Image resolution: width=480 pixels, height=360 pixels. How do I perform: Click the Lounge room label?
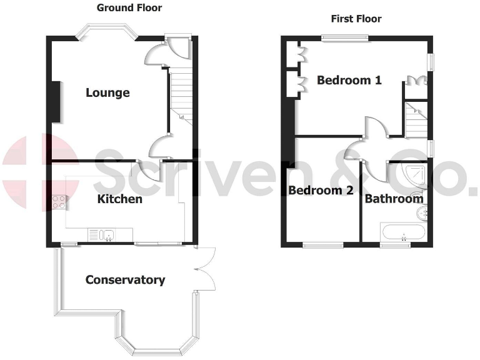point(107,93)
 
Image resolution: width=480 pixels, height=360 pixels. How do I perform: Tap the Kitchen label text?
point(119,199)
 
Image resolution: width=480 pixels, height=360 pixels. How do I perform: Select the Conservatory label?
point(125,280)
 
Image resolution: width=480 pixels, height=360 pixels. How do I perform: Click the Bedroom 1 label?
point(349,80)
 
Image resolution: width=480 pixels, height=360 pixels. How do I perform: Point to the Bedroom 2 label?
point(321,191)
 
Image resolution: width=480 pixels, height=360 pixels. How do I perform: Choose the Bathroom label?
point(394,199)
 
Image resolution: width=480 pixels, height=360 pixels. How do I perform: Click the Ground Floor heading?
point(129,8)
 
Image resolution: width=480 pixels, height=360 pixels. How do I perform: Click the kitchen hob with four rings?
point(60,202)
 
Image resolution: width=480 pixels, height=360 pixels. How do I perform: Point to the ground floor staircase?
point(182,94)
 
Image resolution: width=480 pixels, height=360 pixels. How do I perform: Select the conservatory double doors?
point(205,269)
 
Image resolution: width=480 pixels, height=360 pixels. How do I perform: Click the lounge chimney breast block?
point(56,102)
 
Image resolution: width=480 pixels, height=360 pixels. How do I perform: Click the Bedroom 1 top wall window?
point(346,38)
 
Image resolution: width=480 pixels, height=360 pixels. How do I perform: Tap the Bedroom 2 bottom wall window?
point(323,244)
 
